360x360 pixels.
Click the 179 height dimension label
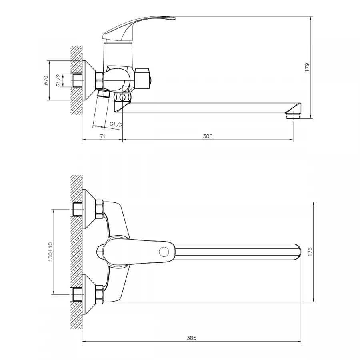pyautogui.click(x=307, y=67)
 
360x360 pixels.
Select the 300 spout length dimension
pyautogui.click(x=208, y=136)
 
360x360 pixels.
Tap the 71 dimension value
pyautogui.click(x=103, y=136)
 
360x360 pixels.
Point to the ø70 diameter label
pyautogui.click(x=46, y=80)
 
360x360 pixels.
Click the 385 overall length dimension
pyautogui.click(x=192, y=338)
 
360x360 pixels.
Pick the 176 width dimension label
pyautogui.click(x=310, y=252)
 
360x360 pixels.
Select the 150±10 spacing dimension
pyautogui.click(x=50, y=252)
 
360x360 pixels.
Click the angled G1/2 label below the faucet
pyautogui.click(x=116, y=124)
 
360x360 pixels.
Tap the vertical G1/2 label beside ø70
pyautogui.click(x=59, y=80)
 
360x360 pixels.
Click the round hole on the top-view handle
pyautogui.click(x=164, y=252)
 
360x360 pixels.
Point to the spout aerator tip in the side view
pyautogui.click(x=293, y=115)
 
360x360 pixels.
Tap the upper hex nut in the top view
pyautogui.click(x=100, y=209)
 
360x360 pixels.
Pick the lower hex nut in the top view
pyautogui.click(x=100, y=294)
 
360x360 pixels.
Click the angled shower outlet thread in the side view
pyautogui.click(x=104, y=93)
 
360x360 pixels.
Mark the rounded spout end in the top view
pyautogui.click(x=297, y=252)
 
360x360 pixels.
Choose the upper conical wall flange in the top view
pyautogui.click(x=89, y=209)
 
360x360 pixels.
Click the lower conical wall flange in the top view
pyautogui.click(x=89, y=294)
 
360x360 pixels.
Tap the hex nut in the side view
pyautogui.click(x=100, y=80)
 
